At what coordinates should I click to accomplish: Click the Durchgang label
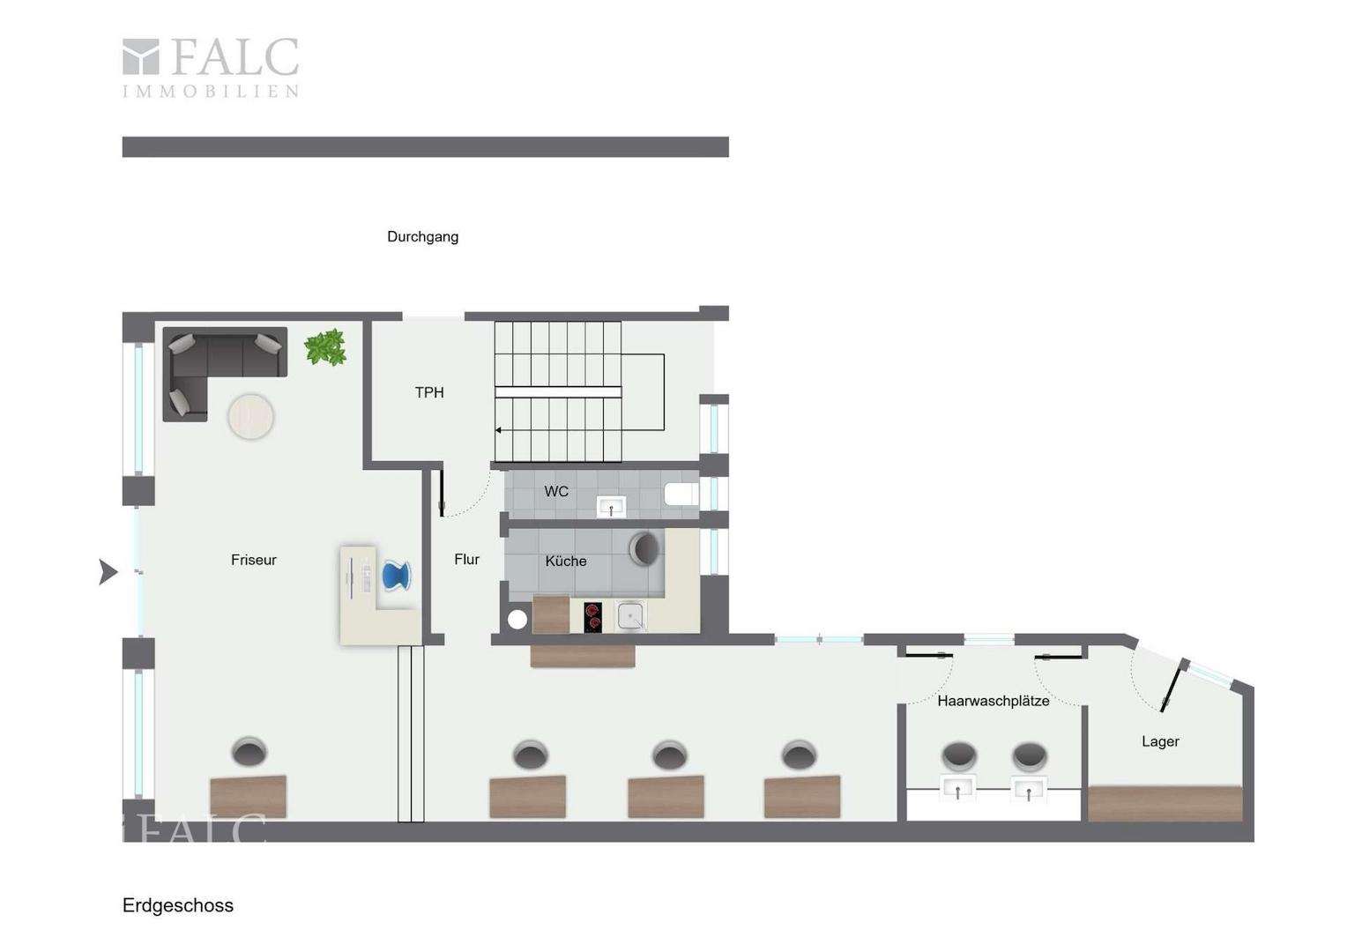point(423,237)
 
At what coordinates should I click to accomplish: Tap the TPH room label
point(429,393)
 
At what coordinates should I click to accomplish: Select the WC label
point(556,491)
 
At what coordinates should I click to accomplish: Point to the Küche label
point(566,562)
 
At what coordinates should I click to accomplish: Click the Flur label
point(466,559)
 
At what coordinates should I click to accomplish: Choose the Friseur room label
point(254,560)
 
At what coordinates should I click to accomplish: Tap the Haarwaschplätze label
point(994,701)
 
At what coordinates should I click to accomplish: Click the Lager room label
point(1161,741)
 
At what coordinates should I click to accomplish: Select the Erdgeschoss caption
point(178,905)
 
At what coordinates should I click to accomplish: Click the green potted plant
point(325,347)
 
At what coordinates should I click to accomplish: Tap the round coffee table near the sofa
point(250,416)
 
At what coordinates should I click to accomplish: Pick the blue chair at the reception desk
point(397,576)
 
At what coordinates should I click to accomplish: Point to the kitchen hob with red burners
point(593,618)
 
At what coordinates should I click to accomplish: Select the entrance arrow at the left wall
point(108,572)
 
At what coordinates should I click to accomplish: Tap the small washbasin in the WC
point(611,506)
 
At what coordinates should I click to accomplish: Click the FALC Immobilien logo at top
point(211,67)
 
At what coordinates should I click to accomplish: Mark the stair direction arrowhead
point(498,430)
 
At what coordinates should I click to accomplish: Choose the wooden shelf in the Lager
point(1165,803)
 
